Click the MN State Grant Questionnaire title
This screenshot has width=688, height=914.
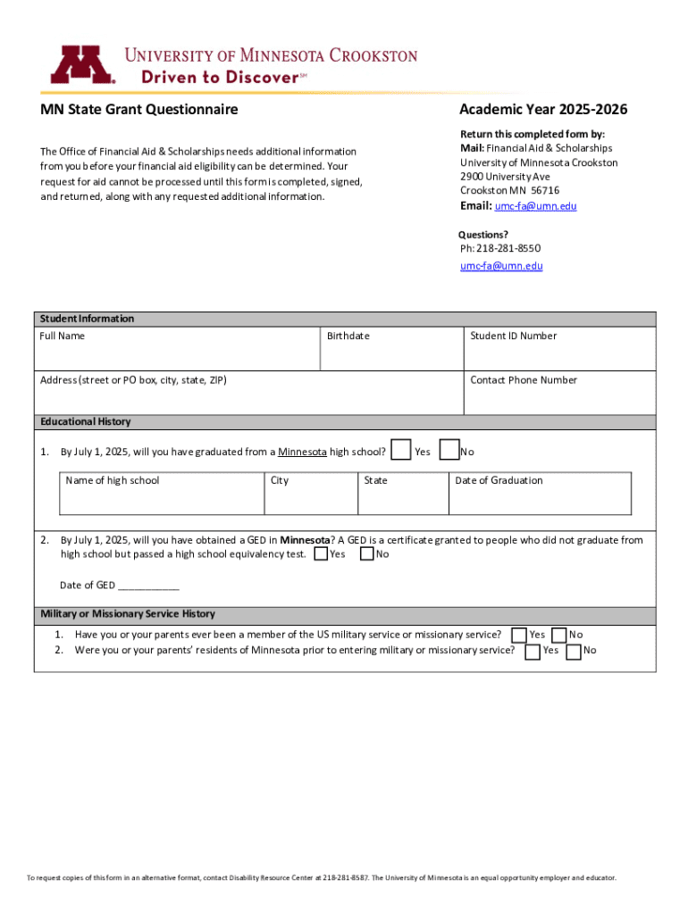pos(138,110)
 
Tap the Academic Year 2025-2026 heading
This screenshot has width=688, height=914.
pos(543,110)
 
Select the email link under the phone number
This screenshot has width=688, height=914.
pos(501,266)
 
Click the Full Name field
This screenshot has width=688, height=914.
pos(177,354)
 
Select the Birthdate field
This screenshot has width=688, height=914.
pos(391,354)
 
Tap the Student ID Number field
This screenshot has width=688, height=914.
pos(559,354)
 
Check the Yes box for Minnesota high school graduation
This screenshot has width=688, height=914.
pos(402,450)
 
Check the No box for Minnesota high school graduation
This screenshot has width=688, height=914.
pos(450,450)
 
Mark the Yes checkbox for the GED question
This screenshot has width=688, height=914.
pos(321,554)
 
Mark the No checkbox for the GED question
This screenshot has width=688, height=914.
pos(366,554)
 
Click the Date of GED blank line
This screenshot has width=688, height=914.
pos(148,586)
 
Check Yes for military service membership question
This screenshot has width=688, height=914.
pos(518,635)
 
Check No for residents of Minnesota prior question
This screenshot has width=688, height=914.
pos(575,651)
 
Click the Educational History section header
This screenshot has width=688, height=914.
pos(86,422)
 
